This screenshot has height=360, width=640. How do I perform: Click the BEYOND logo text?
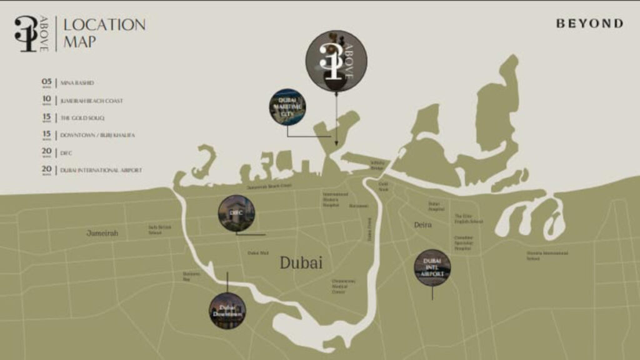[x=589, y=24]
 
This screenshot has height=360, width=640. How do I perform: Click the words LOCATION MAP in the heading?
[x=104, y=34]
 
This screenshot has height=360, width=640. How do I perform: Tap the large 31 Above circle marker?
[x=336, y=61]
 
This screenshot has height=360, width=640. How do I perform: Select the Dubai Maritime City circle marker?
[x=287, y=107]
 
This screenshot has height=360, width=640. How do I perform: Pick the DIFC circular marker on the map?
[x=236, y=213]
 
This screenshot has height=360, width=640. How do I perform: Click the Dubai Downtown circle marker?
[x=227, y=311]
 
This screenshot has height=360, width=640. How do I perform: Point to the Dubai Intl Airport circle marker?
[x=432, y=267]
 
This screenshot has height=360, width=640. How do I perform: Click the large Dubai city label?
[x=301, y=262]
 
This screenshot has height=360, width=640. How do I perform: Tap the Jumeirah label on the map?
[x=102, y=233]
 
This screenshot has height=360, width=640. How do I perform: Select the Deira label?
[x=422, y=224]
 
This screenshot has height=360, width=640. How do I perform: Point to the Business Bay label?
[x=191, y=276]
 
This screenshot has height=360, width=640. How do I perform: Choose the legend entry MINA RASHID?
[x=77, y=82]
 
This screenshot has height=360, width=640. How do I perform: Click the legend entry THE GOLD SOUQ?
[x=82, y=117]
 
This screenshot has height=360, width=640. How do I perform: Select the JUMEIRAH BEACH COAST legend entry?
[x=91, y=100]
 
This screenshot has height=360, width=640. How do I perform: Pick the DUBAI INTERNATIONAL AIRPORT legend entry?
[x=101, y=170]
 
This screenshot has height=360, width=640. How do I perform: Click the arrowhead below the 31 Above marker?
[x=336, y=143]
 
